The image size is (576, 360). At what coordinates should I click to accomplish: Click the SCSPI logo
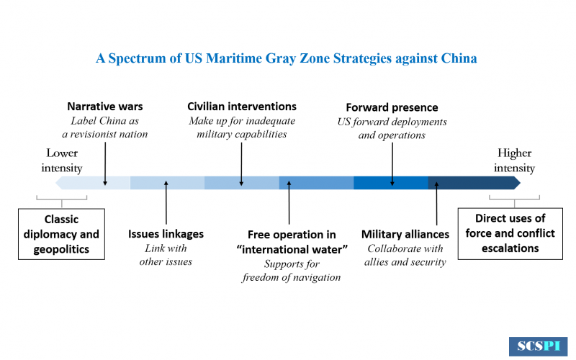click(x=538, y=346)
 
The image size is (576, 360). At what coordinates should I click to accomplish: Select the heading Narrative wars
click(x=104, y=107)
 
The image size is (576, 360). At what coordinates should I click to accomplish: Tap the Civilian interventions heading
click(x=242, y=107)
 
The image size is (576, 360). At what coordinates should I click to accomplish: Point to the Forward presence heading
click(x=392, y=107)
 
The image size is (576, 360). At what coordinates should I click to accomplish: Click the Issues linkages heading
click(x=166, y=234)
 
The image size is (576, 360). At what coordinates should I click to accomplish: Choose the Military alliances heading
click(x=405, y=234)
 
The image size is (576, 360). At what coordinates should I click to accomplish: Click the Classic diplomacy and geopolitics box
click(x=61, y=234)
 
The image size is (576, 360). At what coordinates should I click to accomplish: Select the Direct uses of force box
click(x=510, y=233)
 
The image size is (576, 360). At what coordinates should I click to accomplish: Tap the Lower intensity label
click(x=62, y=161)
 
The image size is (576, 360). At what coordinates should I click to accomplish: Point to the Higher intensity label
click(x=514, y=161)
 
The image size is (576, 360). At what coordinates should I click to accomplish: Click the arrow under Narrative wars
click(x=105, y=164)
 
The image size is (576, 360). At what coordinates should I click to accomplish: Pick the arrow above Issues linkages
click(x=166, y=202)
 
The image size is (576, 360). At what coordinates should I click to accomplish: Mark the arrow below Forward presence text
click(x=392, y=164)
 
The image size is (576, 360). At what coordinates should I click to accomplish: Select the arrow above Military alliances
click(x=436, y=203)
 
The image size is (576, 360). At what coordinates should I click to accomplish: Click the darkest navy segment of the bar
click(x=474, y=183)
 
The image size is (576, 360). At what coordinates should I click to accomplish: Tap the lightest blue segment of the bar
click(x=93, y=183)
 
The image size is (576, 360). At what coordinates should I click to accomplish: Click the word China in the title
click(x=459, y=58)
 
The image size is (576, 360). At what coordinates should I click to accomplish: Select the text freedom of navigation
click(x=292, y=277)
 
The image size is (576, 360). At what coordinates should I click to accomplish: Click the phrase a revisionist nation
click(x=104, y=134)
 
